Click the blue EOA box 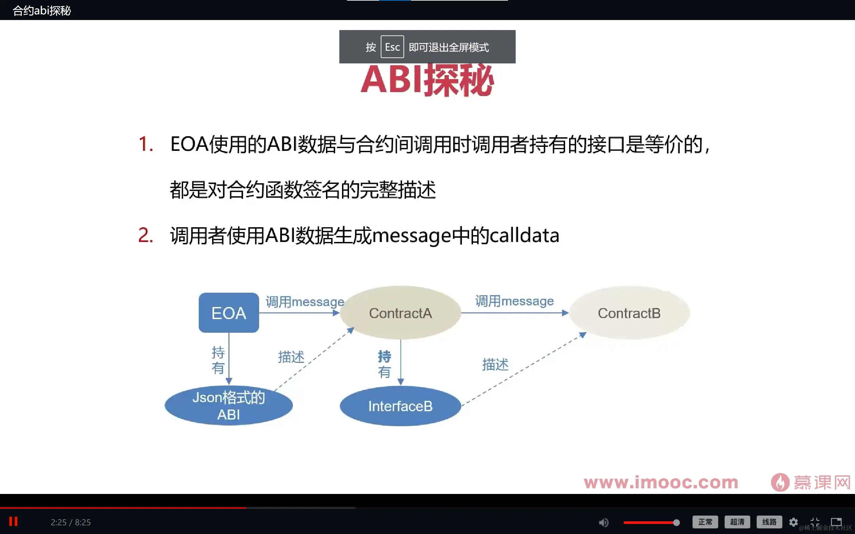click(228, 313)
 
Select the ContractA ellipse click(400, 313)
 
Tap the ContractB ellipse click(629, 313)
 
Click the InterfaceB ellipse click(400, 406)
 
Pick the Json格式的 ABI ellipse click(228, 406)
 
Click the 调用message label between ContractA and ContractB click(514, 301)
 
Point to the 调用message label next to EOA click(305, 302)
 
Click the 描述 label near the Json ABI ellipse click(291, 357)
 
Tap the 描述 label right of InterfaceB click(495, 364)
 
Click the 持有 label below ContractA click(384, 364)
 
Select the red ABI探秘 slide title click(427, 80)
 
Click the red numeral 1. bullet click(146, 144)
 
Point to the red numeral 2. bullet click(146, 235)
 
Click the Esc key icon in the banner click(392, 47)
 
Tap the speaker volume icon click(604, 522)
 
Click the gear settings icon click(794, 522)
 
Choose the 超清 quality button click(737, 522)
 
